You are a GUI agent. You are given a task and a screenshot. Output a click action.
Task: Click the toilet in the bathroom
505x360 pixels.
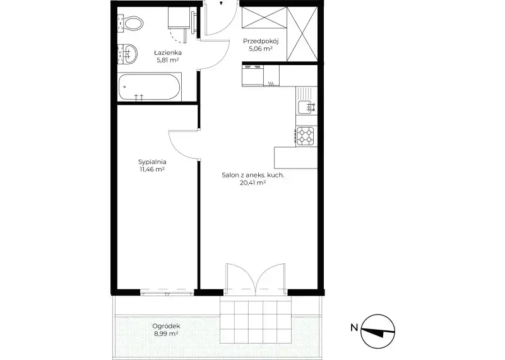[x=131, y=24]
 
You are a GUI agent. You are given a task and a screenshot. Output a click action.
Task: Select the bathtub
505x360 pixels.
[x=149, y=87]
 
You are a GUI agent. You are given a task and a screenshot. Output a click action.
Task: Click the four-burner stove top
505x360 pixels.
[x=306, y=136]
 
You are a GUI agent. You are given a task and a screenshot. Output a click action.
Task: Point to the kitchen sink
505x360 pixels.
[x=306, y=107]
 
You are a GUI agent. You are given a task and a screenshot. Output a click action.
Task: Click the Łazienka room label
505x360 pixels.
[x=167, y=52]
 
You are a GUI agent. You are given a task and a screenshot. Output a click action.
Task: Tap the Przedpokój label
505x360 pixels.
[x=261, y=41]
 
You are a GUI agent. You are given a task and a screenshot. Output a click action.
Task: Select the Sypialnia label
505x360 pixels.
[x=152, y=162]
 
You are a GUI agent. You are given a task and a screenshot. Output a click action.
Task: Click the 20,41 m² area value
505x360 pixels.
[x=252, y=183]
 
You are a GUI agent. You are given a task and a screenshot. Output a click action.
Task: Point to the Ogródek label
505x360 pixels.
[x=166, y=326]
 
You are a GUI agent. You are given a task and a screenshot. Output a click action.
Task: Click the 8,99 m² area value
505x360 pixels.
[x=166, y=334]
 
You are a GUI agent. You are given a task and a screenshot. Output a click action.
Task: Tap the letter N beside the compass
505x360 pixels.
[x=354, y=328]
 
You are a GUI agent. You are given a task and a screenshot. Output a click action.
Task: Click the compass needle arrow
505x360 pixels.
[x=377, y=332]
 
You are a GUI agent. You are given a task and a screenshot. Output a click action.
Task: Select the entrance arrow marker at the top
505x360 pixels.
[x=222, y=3]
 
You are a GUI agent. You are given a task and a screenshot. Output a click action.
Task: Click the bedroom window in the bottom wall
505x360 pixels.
[x=167, y=292]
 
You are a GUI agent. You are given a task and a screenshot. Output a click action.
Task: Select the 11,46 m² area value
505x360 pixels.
[x=152, y=169]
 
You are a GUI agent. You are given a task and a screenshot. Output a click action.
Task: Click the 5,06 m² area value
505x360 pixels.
[x=261, y=49]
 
